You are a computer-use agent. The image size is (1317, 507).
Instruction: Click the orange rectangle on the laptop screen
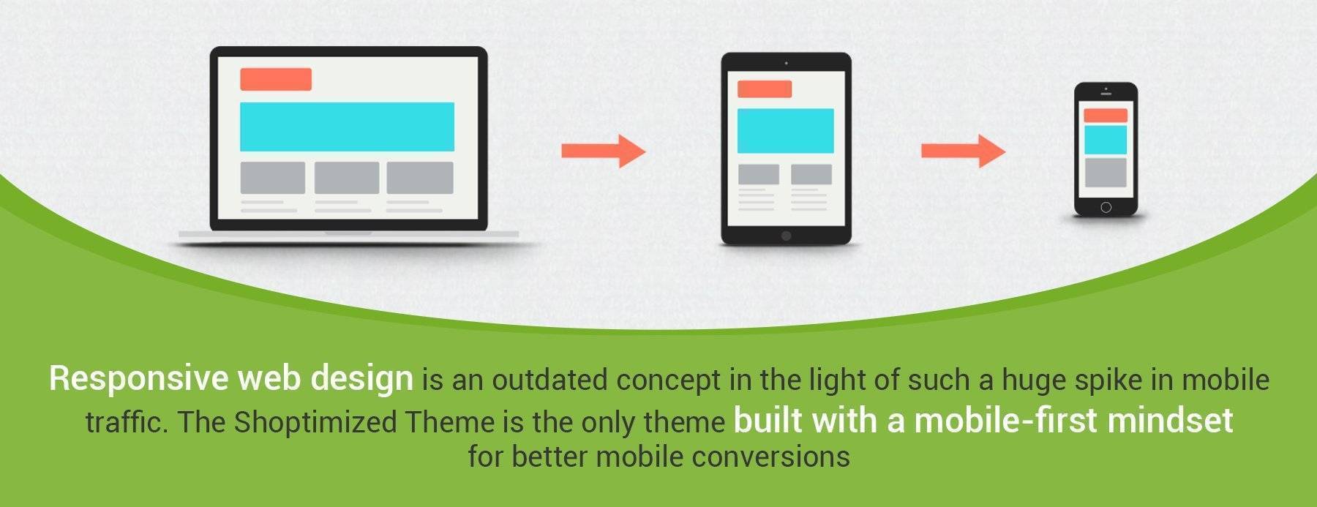coord(276,79)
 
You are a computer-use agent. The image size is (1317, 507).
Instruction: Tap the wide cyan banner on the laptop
coord(347,127)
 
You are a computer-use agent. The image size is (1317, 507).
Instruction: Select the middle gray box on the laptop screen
coord(347,178)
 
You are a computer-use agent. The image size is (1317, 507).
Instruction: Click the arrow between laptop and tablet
coord(604,151)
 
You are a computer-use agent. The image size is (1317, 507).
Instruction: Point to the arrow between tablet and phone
coord(963,151)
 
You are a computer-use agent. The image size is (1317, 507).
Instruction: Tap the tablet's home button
coord(786,236)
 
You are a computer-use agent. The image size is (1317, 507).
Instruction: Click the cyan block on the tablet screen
coord(785,131)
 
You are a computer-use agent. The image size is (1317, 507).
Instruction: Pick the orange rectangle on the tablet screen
coord(765,89)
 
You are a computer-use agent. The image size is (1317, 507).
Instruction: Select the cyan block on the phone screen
coord(1105,140)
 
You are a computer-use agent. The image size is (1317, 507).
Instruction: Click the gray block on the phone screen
coord(1105,173)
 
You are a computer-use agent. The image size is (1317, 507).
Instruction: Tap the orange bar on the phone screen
coord(1105,116)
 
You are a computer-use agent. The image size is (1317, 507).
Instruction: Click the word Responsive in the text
coord(139,379)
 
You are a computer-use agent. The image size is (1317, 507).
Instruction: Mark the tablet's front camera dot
coord(786,63)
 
